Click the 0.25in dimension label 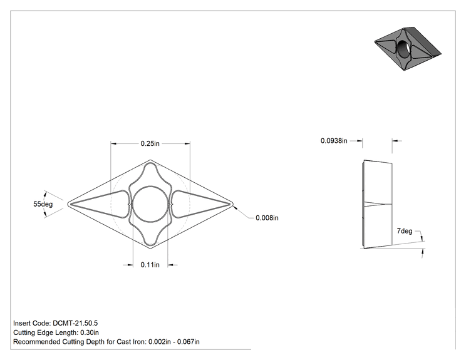pos(150,143)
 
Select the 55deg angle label pos(43,204)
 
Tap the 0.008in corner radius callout pos(267,218)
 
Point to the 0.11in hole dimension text pos(150,265)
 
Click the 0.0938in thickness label pos(334,140)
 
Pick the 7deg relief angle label pos(405,231)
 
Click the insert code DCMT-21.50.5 pos(75,323)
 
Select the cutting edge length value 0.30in pos(90,332)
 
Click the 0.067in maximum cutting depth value pos(189,342)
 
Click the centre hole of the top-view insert pos(150,204)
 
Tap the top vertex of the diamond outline pos(150,160)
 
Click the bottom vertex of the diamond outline pos(150,248)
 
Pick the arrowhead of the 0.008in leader pos(235,207)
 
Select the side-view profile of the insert pos(378,204)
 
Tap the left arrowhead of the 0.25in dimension pos(113,144)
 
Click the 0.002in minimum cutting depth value pos(160,342)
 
